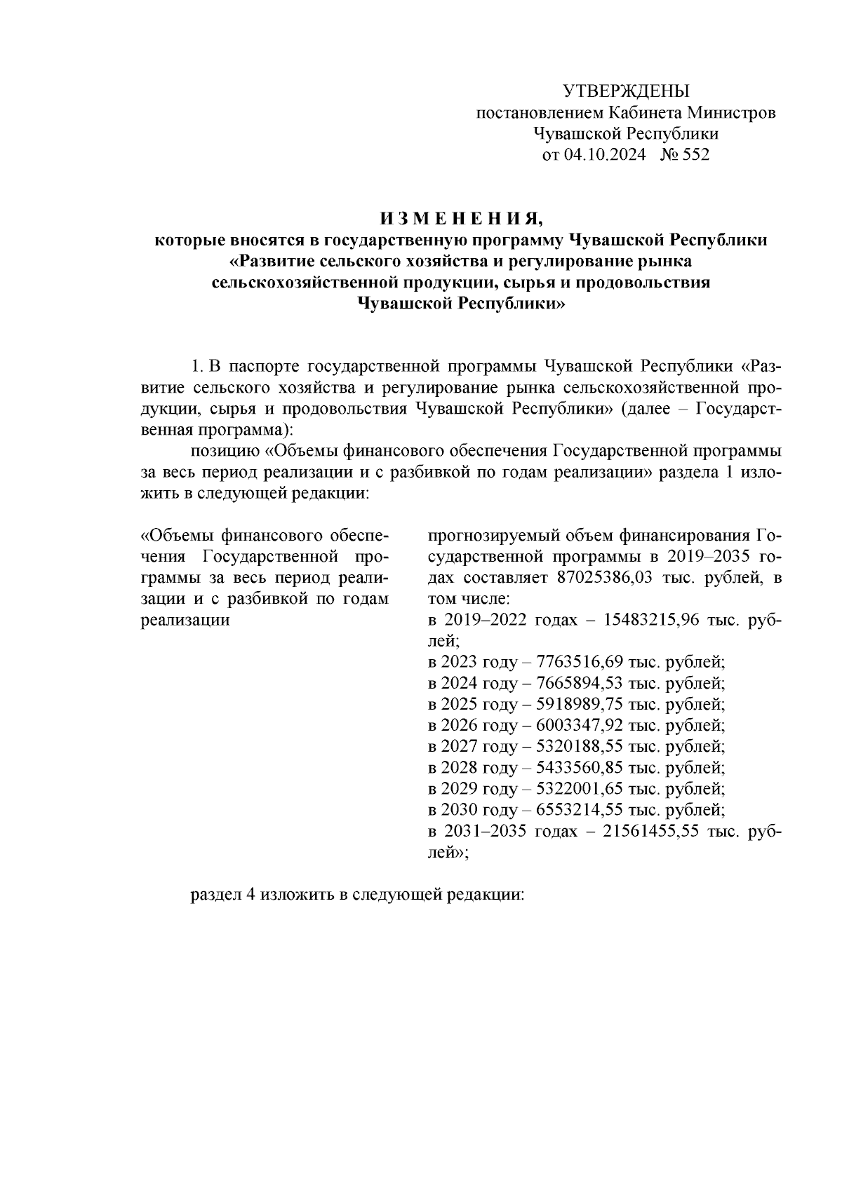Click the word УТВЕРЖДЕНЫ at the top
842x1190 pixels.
tap(627, 91)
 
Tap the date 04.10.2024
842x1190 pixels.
tap(604, 155)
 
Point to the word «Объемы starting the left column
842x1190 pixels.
tap(178, 536)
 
